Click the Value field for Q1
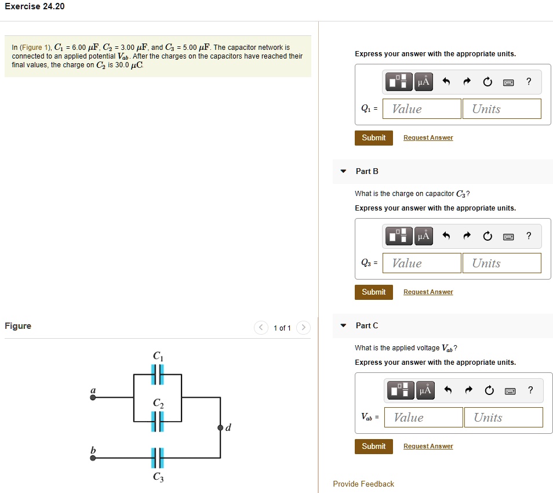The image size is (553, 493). click(x=421, y=109)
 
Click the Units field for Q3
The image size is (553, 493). click(x=501, y=263)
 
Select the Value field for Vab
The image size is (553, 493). click(x=423, y=418)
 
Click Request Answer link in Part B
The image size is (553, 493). click(x=428, y=292)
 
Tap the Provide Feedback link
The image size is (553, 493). click(x=363, y=484)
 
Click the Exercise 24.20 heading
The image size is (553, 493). click(x=35, y=6)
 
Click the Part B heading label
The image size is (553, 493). click(x=367, y=171)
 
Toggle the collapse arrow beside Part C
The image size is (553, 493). click(x=344, y=325)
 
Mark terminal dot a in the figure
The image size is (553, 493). click(x=93, y=398)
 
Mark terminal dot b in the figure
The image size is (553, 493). click(x=93, y=458)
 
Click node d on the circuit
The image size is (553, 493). click(x=220, y=427)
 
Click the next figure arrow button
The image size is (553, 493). click(x=303, y=328)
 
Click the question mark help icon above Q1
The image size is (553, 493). click(x=529, y=82)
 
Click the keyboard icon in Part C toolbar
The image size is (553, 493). click(x=508, y=390)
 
